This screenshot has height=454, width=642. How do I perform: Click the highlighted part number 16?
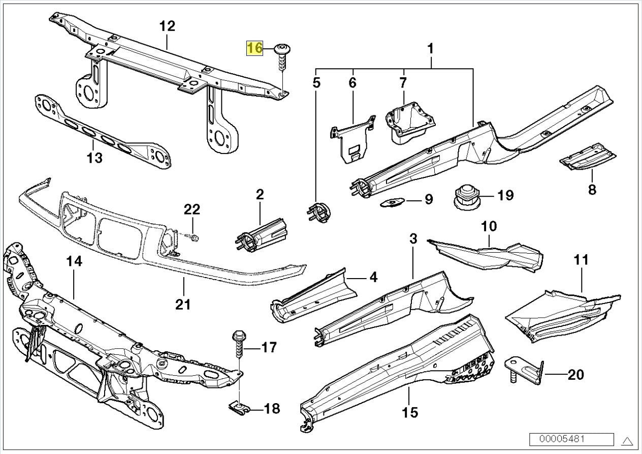255,48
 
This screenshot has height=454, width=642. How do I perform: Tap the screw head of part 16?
280,49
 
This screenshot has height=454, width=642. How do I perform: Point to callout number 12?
167,26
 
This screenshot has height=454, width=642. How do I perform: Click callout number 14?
74,262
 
